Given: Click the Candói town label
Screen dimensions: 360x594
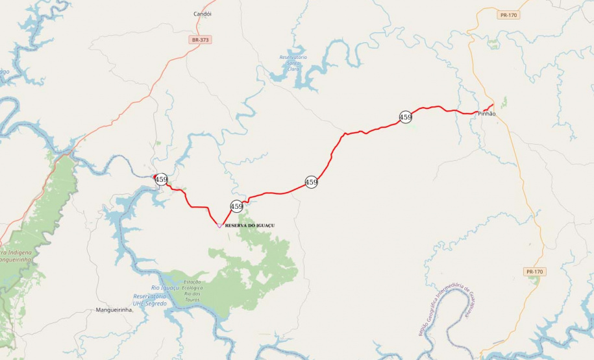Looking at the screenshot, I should [203, 14].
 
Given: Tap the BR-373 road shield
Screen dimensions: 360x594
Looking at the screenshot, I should [201, 40].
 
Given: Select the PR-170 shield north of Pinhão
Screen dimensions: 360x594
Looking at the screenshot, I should [509, 15].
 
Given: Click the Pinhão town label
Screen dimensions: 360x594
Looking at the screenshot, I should [486, 114].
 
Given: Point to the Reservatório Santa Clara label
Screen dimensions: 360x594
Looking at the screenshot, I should [293, 63].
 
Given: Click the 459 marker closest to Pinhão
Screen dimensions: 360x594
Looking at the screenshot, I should [406, 117].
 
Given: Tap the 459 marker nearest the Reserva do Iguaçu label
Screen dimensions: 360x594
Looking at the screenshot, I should [237, 207].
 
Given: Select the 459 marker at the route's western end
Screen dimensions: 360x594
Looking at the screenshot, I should [162, 180].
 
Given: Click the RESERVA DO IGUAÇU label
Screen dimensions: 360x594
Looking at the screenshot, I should [250, 225].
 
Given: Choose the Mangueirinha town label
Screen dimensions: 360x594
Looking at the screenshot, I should [114, 310].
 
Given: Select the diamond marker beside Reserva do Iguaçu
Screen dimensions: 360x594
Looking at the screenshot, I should [219, 225].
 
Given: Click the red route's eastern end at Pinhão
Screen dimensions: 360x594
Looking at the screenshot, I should [493, 104].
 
